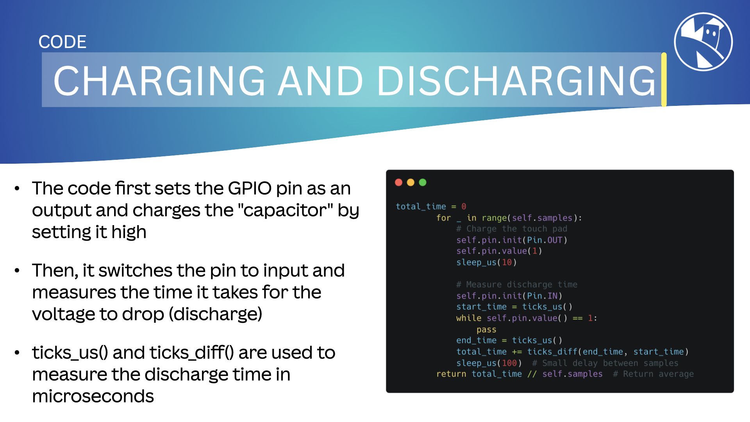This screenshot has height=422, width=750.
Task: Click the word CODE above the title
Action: [62, 42]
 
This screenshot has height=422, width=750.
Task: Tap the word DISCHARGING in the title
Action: [516, 80]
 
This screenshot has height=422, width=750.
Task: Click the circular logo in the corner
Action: [703, 42]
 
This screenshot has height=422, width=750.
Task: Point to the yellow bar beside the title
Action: [664, 79]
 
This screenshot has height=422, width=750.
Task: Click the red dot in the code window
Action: [398, 182]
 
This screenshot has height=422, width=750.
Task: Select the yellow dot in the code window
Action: [411, 182]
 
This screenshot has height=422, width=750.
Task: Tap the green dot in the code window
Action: [423, 182]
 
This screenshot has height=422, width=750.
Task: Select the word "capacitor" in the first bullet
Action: [285, 210]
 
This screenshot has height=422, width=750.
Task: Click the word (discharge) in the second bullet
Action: [216, 314]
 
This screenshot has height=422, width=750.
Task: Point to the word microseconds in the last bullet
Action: [93, 396]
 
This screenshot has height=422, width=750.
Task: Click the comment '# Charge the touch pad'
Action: [512, 229]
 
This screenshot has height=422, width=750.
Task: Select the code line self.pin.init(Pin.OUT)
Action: [512, 240]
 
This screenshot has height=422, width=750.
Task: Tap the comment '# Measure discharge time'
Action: [517, 284]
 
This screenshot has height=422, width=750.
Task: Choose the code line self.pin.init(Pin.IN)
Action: [509, 296]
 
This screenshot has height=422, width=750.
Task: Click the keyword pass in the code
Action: [486, 329]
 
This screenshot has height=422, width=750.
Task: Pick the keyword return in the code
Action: [451, 374]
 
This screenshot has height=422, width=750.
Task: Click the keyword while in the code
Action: [469, 318]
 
